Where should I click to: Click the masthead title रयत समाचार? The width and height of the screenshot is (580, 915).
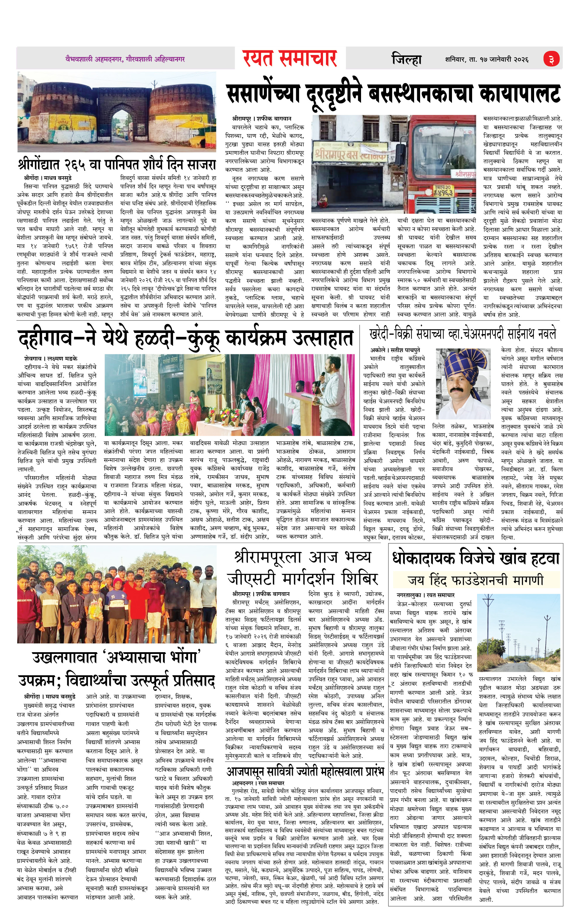click(290, 59)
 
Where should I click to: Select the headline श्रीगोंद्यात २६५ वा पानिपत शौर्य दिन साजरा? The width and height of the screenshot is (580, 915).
click(117, 165)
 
